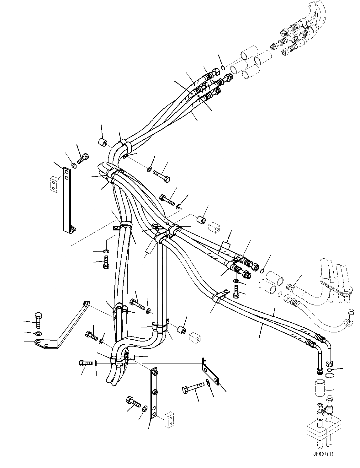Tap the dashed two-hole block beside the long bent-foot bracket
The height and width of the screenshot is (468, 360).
(55, 184)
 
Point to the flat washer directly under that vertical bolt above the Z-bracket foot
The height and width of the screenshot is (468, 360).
(38, 333)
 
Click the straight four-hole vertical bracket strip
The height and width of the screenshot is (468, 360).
(154, 394)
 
